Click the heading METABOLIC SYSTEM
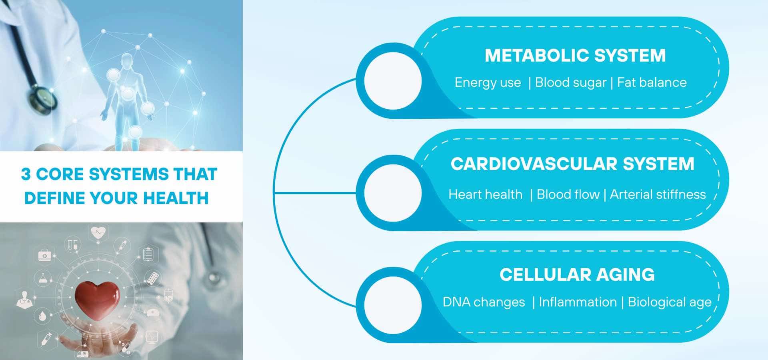(575, 56)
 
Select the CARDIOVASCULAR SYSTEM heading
(572, 164)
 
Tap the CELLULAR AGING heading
(577, 275)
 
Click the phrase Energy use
(488, 82)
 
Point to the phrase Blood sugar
(570, 82)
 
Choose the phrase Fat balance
(652, 82)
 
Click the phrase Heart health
(485, 194)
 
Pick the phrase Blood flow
(568, 194)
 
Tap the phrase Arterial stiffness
(658, 194)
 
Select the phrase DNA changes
(484, 302)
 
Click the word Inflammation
(578, 302)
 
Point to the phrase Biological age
(670, 302)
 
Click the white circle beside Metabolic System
(393, 81)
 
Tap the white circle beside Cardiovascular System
(393, 193)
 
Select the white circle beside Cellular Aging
(393, 305)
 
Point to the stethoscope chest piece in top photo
(42, 98)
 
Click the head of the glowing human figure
(127, 60)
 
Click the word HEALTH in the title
(176, 198)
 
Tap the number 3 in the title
(26, 174)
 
